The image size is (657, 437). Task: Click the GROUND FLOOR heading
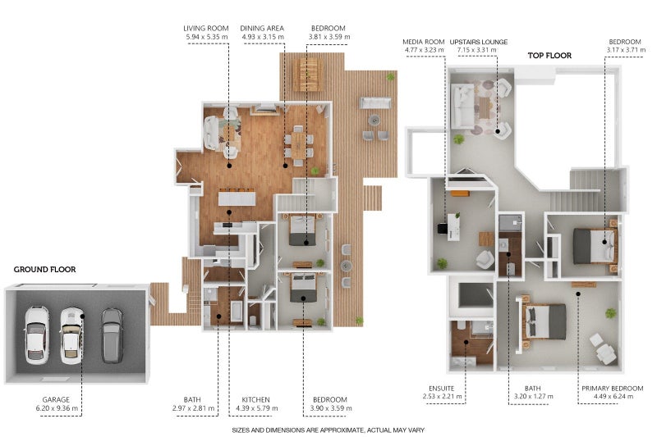(x=45, y=270)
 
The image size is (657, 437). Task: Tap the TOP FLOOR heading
(x=549, y=56)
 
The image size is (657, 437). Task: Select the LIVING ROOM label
(x=206, y=29)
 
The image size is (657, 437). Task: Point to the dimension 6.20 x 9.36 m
(x=57, y=408)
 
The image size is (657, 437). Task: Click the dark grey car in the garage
(x=112, y=335)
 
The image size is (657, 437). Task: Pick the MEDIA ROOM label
(x=423, y=42)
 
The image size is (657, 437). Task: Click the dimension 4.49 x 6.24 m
(x=613, y=397)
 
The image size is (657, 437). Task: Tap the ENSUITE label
(x=441, y=389)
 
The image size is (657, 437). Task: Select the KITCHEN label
(x=255, y=400)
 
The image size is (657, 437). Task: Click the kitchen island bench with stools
(x=237, y=198)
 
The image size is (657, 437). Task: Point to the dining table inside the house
(x=298, y=144)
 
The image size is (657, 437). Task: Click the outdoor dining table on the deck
(x=308, y=75)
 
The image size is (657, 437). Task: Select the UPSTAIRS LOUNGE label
(x=479, y=42)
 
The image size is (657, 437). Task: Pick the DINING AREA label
(x=262, y=29)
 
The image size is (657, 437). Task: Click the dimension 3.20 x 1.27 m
(x=533, y=397)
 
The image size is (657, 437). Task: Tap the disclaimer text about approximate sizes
(x=328, y=430)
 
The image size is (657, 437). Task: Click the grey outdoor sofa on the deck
(x=375, y=102)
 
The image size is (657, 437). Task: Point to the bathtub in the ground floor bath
(x=237, y=311)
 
